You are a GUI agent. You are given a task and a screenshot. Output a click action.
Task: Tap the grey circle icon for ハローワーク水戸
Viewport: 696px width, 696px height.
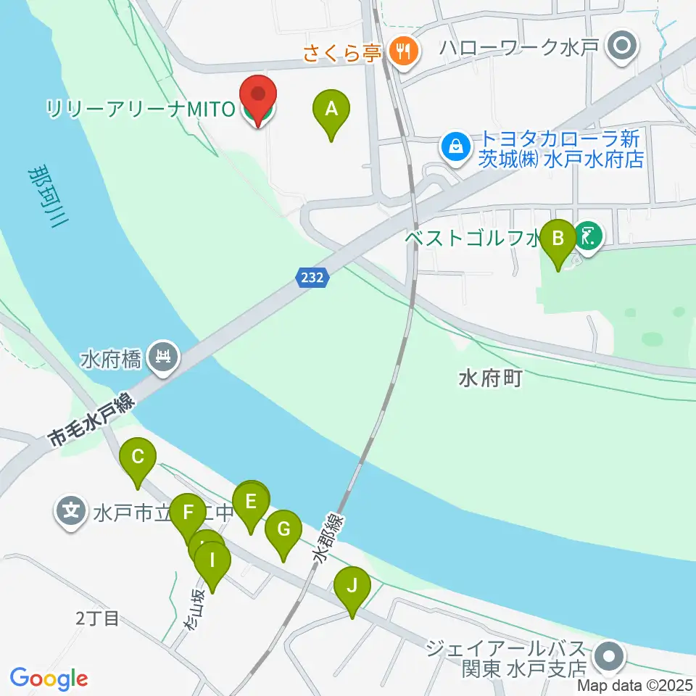point(621,49)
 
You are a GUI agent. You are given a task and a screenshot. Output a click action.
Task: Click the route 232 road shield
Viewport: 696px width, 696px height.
point(313,276)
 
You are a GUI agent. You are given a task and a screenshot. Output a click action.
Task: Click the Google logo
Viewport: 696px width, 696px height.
point(49,679)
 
